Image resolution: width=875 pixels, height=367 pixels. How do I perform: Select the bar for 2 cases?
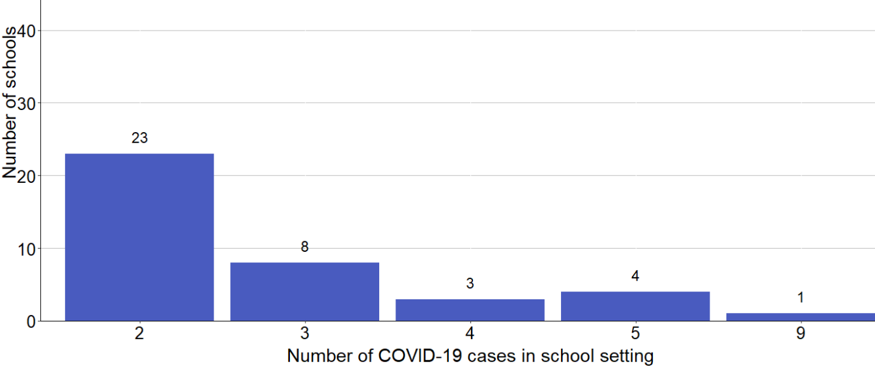click(139, 237)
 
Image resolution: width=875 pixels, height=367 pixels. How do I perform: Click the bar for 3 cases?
click(305, 292)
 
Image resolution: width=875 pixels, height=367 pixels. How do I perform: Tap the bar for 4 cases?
click(470, 310)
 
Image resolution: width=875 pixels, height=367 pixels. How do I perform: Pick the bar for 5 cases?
click(635, 306)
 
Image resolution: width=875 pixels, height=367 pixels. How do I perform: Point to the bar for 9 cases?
click(800, 317)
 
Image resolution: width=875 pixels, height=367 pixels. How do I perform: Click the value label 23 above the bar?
click(139, 138)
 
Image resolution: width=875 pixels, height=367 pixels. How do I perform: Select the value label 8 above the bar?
click(305, 247)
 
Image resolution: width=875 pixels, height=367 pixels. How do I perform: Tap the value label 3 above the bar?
click(470, 284)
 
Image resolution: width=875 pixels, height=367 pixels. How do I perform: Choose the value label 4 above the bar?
click(635, 276)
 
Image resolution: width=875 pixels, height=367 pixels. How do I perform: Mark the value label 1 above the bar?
click(800, 298)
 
